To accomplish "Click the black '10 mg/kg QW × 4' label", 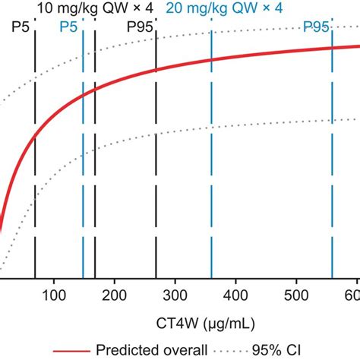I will (x=95, y=8).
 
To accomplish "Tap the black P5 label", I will (x=23, y=27).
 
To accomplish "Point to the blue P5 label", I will (x=69, y=27).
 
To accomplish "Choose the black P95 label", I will (x=141, y=27).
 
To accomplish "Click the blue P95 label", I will (x=316, y=27).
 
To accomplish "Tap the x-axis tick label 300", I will (x=175, y=295).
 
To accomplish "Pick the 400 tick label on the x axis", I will (x=235, y=295).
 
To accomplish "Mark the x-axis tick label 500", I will (x=296, y=295).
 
